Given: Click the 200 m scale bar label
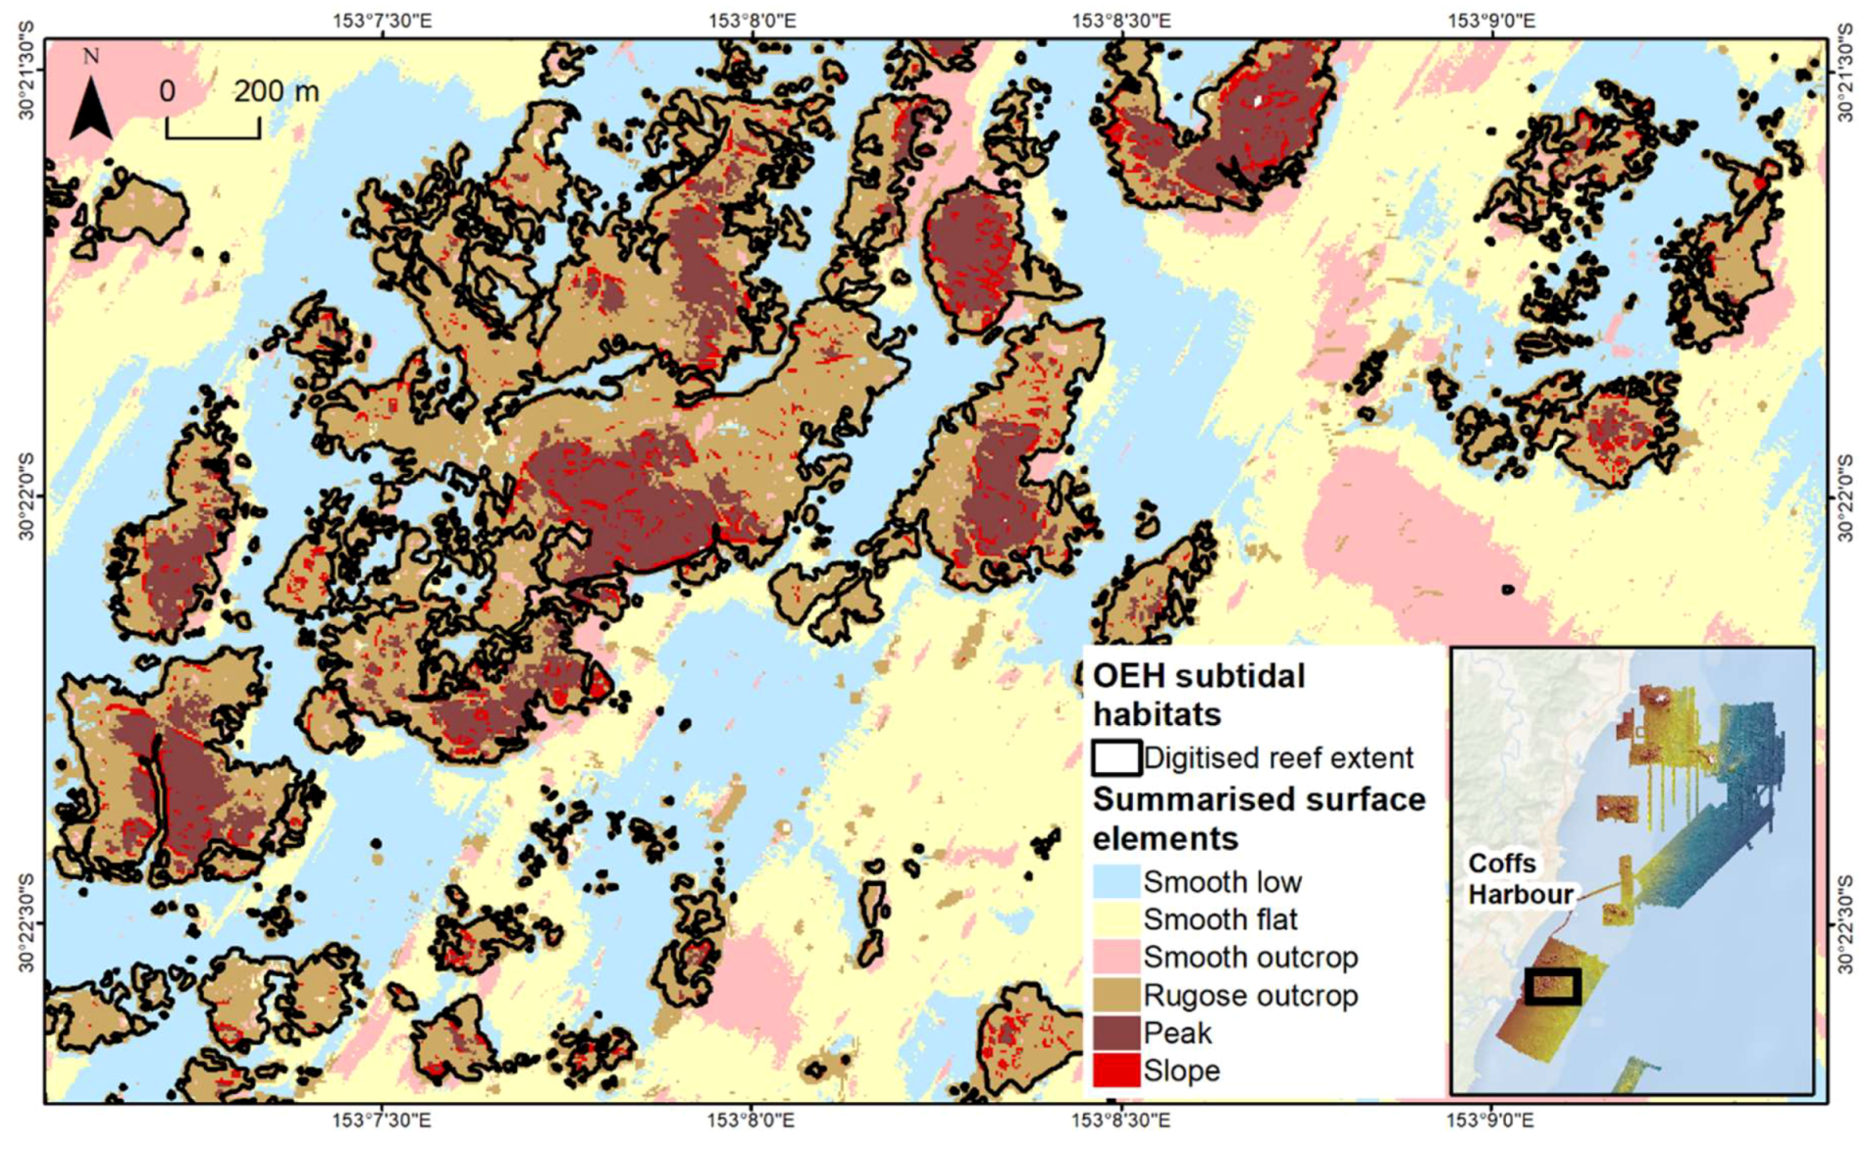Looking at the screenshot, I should [276, 91].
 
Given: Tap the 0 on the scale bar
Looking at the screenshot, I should [168, 91].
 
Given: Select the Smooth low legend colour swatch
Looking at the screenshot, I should [1116, 882].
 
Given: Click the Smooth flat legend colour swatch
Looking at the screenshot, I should [1116, 919].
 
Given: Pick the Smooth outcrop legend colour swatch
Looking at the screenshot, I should [1116, 957].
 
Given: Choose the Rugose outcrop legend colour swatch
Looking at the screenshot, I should [1116, 995].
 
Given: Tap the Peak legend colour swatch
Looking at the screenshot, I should [1116, 1032].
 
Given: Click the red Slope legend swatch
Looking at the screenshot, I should [1116, 1070].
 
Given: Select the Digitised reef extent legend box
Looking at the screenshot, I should [1116, 757].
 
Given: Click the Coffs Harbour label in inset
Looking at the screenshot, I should [1519, 879].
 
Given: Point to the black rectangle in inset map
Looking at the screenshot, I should [1552, 986].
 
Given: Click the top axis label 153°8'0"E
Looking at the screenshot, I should [752, 20].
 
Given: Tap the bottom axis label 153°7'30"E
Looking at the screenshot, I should [382, 1120].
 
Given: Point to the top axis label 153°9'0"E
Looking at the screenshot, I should [1492, 20].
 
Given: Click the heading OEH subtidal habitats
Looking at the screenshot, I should [1198, 695].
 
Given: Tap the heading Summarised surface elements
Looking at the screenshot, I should [1258, 818].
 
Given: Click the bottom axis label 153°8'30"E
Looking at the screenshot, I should [1120, 1120].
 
